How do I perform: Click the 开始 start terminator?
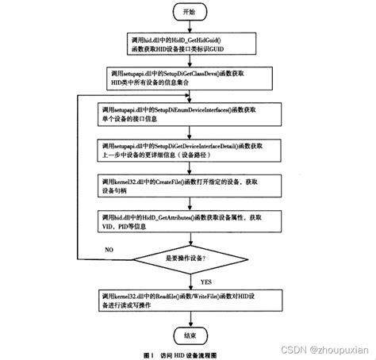187,13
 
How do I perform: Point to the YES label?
205,281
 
